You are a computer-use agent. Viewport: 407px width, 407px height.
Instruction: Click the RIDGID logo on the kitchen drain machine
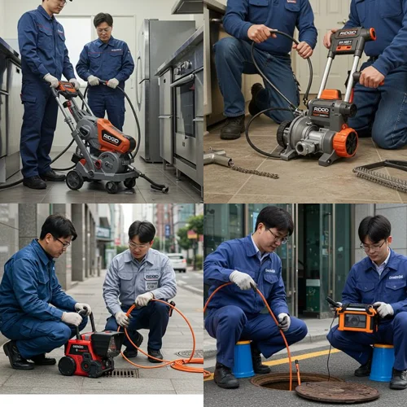[112, 138]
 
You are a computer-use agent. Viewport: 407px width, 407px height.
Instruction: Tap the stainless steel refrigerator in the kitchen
[155, 81]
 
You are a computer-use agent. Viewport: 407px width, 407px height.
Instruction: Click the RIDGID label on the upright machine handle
[348, 33]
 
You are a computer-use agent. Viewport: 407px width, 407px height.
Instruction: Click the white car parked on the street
[177, 262]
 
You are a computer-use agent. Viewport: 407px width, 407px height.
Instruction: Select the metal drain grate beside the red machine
[122, 373]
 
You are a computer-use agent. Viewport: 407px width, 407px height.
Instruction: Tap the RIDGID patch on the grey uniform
[151, 277]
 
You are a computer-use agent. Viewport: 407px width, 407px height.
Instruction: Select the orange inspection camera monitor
[357, 318]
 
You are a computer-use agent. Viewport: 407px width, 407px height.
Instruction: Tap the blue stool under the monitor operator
[382, 363]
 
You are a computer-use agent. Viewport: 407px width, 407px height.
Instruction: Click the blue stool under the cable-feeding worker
[243, 360]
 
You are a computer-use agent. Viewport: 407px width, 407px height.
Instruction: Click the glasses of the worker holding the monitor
[373, 245]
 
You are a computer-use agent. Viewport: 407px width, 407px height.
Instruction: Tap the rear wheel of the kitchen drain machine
[75, 180]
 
